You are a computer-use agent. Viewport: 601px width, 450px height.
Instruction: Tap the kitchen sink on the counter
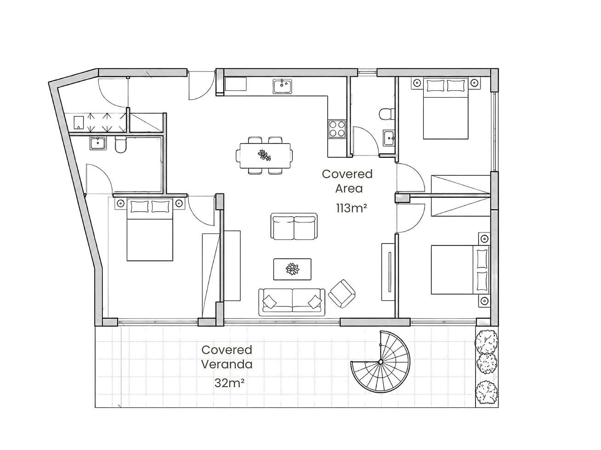point(282,86)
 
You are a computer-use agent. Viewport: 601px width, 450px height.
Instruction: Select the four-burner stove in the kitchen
point(337,129)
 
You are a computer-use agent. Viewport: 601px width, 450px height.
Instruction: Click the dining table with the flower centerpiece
point(265,156)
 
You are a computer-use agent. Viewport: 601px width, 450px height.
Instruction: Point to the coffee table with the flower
point(292,269)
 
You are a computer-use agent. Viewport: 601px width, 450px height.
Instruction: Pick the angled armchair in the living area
point(342,294)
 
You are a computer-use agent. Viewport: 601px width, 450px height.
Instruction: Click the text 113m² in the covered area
point(352,208)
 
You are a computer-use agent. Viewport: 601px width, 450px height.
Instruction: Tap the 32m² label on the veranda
point(229,383)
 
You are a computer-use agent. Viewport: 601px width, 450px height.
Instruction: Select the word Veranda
point(227,365)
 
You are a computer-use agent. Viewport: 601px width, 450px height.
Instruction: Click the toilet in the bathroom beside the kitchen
point(387,114)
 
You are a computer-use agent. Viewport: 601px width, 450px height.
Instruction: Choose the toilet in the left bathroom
point(120,144)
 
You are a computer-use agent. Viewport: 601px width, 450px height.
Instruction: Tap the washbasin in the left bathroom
point(98,143)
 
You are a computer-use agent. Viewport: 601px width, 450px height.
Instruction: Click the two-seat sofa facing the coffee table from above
point(294,227)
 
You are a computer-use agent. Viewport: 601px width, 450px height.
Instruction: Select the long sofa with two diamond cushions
point(292,302)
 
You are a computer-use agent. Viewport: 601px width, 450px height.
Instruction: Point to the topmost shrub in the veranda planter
point(486,342)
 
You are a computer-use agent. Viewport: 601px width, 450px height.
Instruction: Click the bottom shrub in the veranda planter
point(487,392)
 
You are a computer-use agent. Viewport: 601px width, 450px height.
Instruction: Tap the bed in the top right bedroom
point(446,108)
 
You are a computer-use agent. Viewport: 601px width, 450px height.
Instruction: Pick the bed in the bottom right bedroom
point(460,270)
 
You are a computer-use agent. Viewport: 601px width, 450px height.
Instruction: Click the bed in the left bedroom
point(150,229)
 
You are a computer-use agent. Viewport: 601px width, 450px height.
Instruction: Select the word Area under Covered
point(349,189)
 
